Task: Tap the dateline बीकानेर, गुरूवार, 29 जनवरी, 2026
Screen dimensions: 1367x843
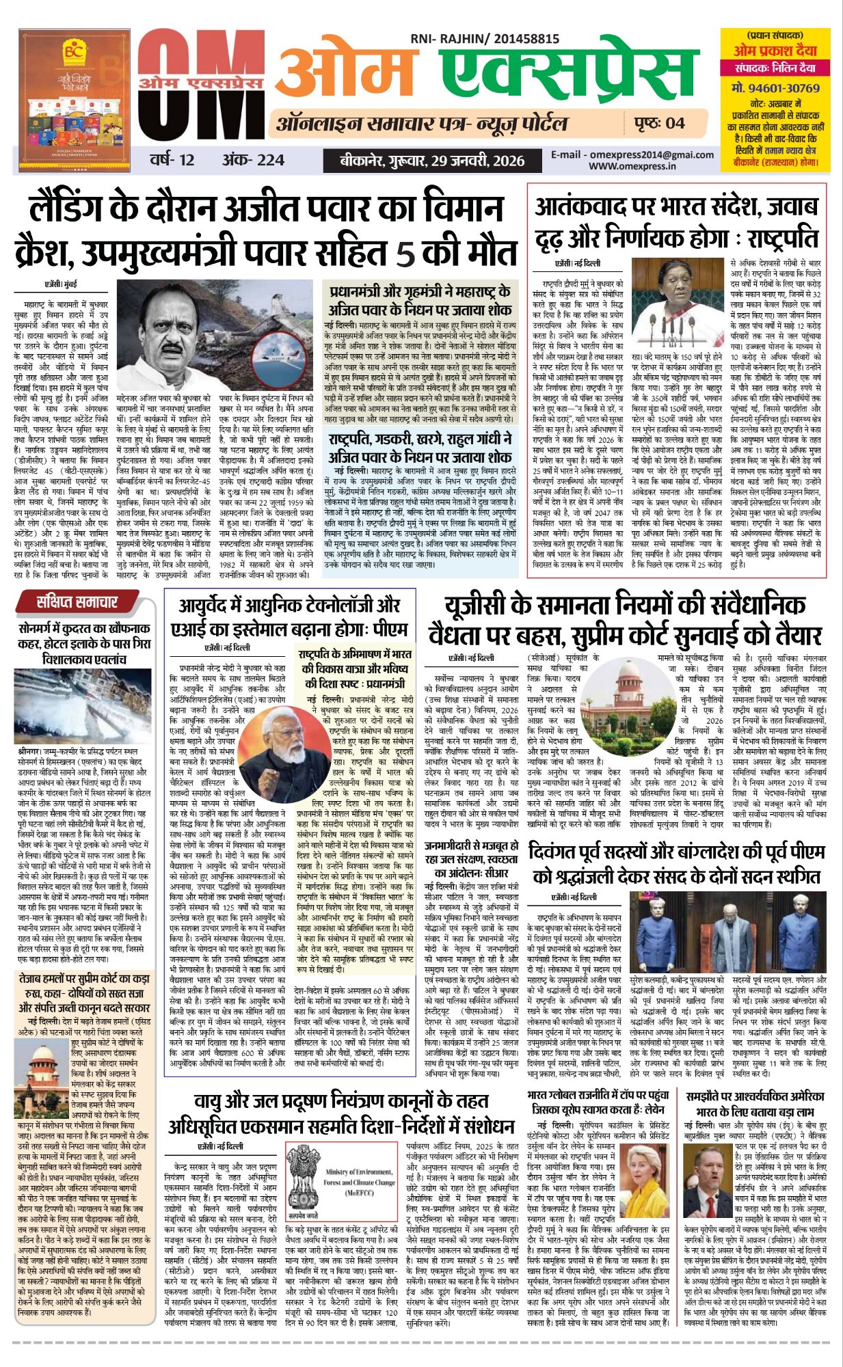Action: pyautogui.click(x=433, y=161)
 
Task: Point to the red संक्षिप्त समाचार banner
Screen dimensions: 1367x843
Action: pyautogui.click(x=77, y=602)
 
